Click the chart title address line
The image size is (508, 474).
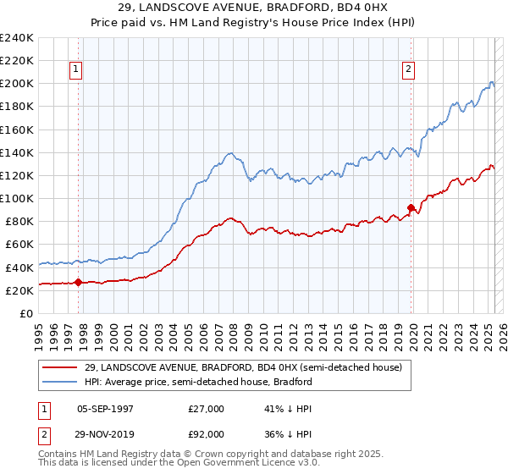pos(254,8)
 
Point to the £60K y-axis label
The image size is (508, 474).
pos(19,244)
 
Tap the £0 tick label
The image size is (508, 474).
pos(25,313)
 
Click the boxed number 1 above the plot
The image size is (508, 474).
pos(76,70)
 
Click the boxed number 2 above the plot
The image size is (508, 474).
pos(408,70)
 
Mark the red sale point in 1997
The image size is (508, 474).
pos(79,283)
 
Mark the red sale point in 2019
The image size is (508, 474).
pos(411,207)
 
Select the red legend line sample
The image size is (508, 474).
pos(59,367)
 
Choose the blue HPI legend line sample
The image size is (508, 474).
pos(59,382)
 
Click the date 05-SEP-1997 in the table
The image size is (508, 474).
pos(104,409)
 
